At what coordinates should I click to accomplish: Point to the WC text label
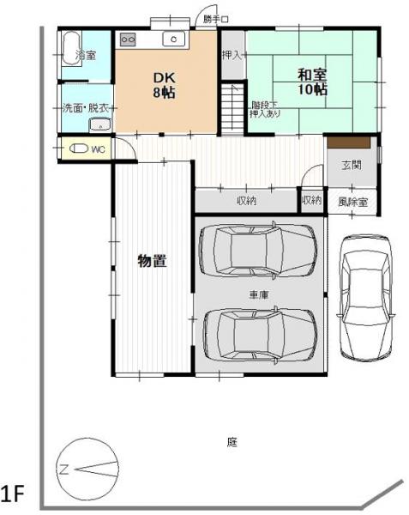pos(98,149)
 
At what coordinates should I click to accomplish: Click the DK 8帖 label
pos(165,85)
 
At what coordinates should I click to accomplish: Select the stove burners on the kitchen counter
pos(129,39)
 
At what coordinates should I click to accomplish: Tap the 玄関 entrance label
pos(351,165)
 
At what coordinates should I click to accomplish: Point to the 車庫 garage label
pos(258,294)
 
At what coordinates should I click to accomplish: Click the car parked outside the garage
pos(364,297)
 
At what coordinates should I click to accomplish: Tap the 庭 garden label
pos(232,443)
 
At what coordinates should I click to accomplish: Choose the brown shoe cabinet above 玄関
pos(346,142)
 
